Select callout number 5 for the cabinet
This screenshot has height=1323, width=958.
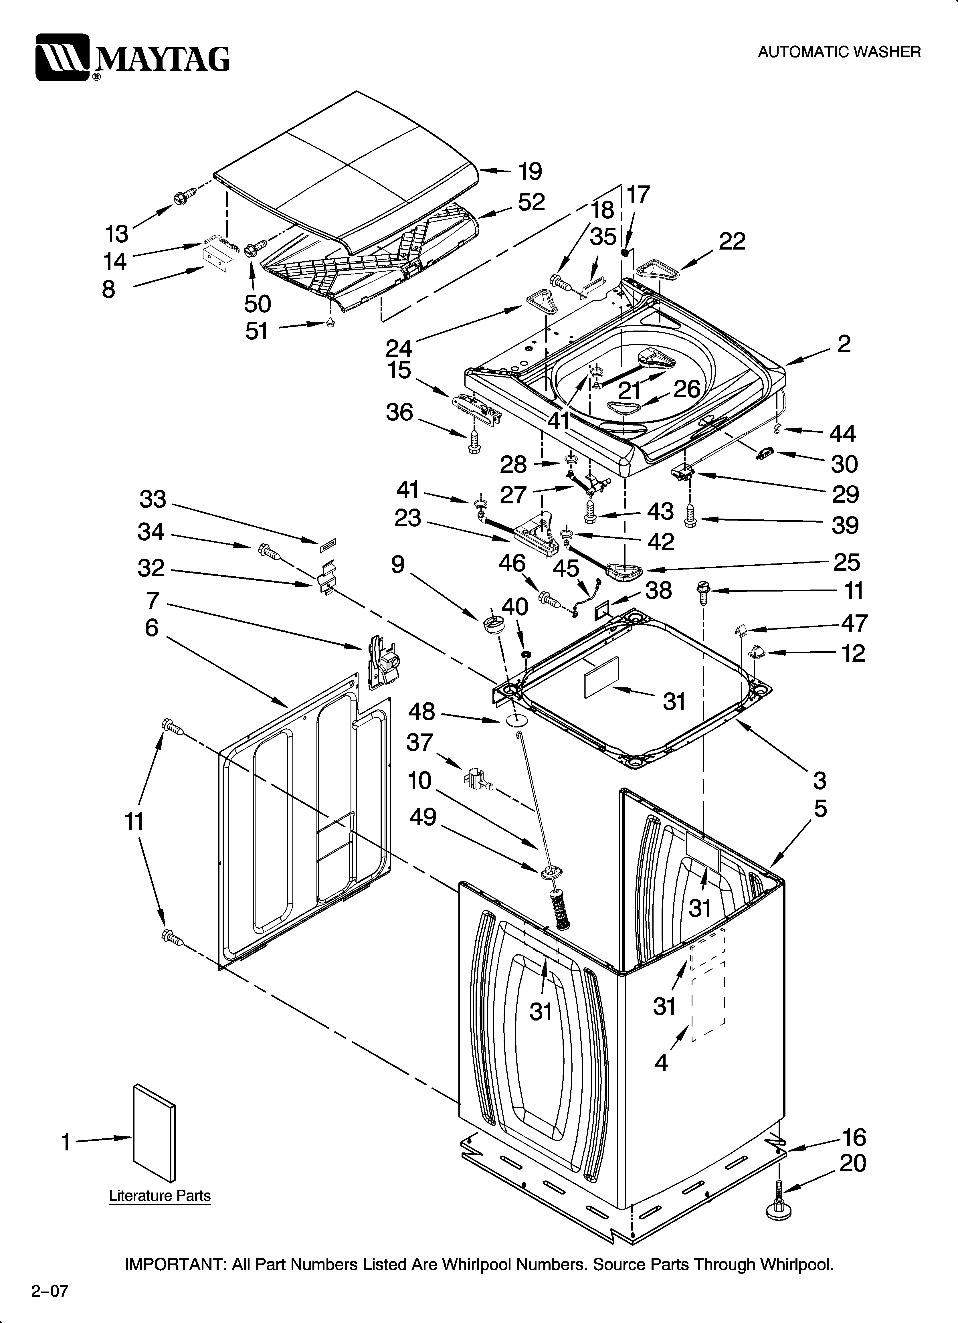[x=820, y=808]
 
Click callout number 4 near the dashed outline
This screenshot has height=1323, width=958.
[x=661, y=1063]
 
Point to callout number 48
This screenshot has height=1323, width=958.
[x=421, y=712]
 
